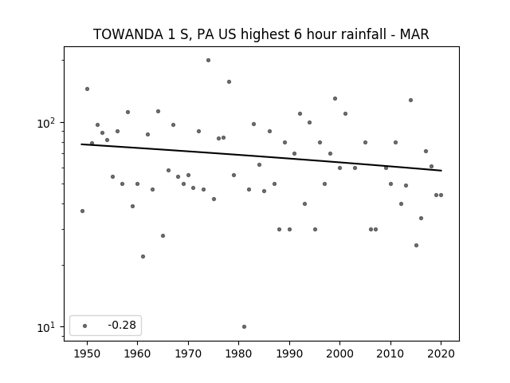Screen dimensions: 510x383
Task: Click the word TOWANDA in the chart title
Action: pos(128,34)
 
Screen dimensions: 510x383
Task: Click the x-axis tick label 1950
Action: pos(87,353)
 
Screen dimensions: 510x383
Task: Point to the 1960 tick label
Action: pos(138,353)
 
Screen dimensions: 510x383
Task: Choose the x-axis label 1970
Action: pos(188,353)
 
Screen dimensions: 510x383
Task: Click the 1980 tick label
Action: pos(239,353)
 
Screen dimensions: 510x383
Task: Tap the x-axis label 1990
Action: pos(289,353)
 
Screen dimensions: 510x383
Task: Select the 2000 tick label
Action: pos(340,353)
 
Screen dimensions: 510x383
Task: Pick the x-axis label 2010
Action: pos(390,353)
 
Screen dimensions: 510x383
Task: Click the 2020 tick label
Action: pos(441,353)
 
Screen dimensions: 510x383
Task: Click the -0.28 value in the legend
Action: pos(122,325)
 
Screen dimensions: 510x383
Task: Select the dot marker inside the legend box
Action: pos(85,326)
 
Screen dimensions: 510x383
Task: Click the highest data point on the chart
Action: pos(208,61)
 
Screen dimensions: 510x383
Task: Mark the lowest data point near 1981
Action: pos(245,326)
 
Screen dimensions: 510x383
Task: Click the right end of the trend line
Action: pos(441,170)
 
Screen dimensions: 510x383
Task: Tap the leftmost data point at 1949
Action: pos(82,211)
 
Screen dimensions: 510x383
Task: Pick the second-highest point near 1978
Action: pos(229,81)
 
